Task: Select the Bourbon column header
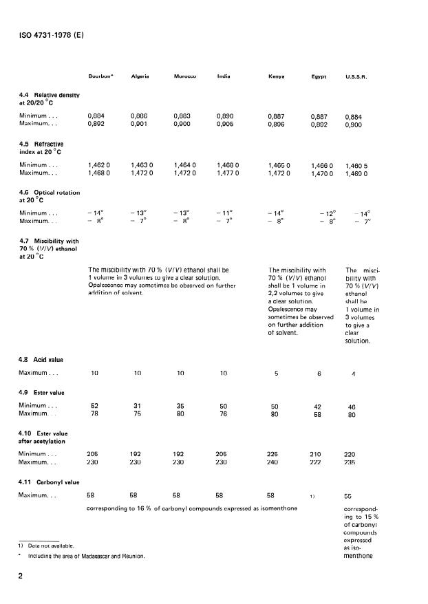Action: click(x=100, y=76)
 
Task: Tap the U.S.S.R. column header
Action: click(x=356, y=76)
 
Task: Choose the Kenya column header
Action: click(x=277, y=76)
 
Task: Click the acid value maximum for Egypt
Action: click(x=319, y=375)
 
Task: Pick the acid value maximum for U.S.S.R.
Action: click(x=354, y=375)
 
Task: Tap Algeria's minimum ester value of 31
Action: click(x=137, y=407)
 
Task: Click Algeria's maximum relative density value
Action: click(x=139, y=125)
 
